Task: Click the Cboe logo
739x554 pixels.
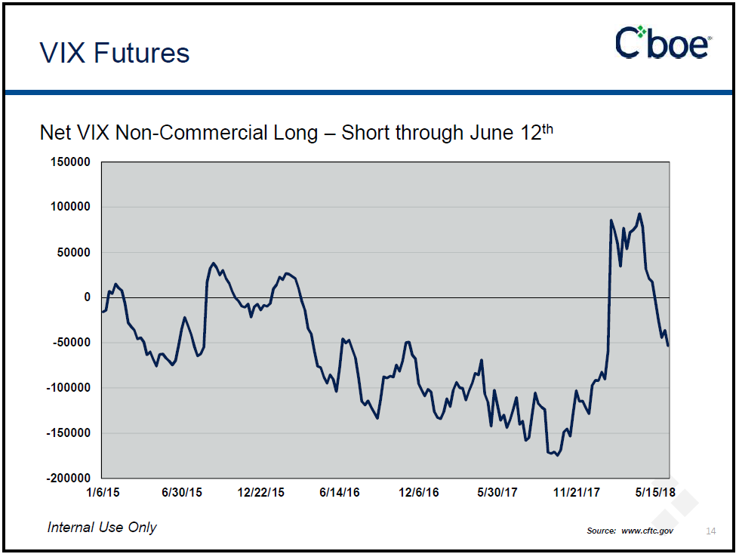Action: point(663,43)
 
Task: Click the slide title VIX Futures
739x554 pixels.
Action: point(115,53)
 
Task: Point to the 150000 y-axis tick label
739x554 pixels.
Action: point(71,162)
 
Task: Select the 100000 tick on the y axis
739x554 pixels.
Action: point(71,207)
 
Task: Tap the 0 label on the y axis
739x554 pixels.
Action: point(87,297)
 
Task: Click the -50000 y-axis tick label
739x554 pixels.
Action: point(72,343)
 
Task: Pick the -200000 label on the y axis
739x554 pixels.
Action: point(69,479)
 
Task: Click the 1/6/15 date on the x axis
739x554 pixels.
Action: point(103,493)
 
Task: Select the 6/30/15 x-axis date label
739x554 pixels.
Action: point(181,493)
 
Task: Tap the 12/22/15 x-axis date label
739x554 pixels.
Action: point(260,493)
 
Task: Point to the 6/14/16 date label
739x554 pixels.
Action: point(340,493)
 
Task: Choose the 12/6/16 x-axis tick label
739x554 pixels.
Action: point(419,493)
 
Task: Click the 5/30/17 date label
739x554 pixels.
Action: point(497,493)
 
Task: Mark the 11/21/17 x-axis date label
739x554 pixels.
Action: point(577,493)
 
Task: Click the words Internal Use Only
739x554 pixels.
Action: point(102,527)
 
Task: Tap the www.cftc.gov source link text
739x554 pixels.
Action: point(648,531)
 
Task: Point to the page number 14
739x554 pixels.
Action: point(710,531)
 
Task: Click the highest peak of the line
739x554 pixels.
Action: point(639,214)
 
